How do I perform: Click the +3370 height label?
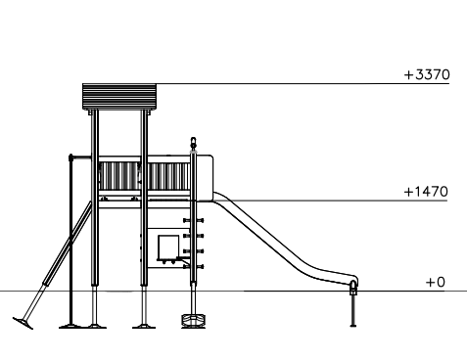pyautogui.click(x=427, y=74)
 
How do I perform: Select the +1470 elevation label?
pyautogui.click(x=426, y=192)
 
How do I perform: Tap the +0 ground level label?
pyautogui.click(x=436, y=282)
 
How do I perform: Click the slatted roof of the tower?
pyautogui.click(x=119, y=97)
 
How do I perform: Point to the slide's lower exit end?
pyautogui.click(x=353, y=282)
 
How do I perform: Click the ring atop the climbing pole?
pyautogui.click(x=193, y=142)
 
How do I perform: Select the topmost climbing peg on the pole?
pyautogui.click(x=193, y=221)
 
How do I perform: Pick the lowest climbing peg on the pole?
pyautogui.click(x=193, y=267)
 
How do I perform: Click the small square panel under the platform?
pyautogui.click(x=168, y=247)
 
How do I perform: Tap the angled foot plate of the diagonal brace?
pyautogui.click(x=23, y=323)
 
